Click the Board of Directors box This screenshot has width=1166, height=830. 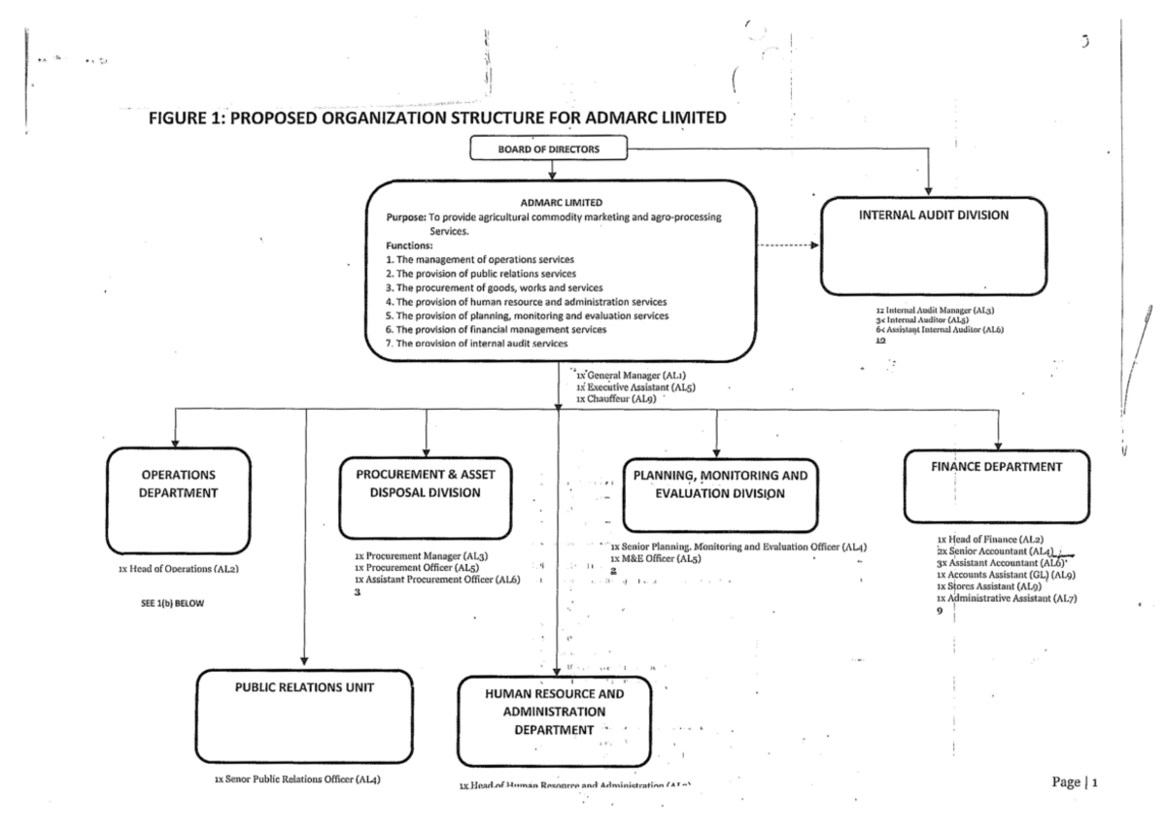pyautogui.click(x=550, y=149)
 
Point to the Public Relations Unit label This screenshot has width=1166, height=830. pyautogui.click(x=305, y=687)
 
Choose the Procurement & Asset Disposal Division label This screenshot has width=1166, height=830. pyautogui.click(x=425, y=483)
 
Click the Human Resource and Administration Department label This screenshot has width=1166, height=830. pyautogui.click(x=555, y=712)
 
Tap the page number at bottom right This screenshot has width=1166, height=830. pyautogui.click(x=1080, y=781)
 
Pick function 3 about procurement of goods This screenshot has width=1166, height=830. pyautogui.click(x=495, y=288)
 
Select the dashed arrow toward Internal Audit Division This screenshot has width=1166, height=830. pyautogui.click(x=787, y=246)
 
